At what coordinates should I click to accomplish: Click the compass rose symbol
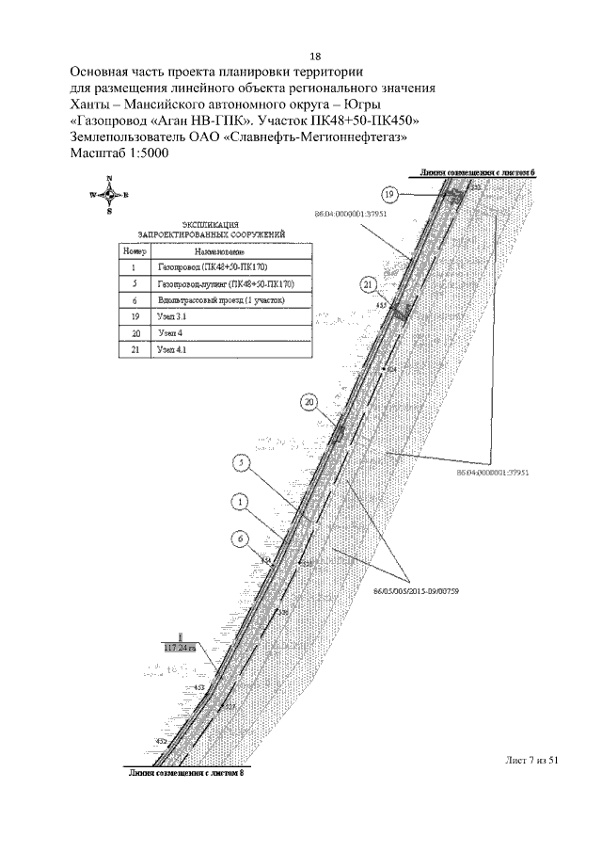point(109,195)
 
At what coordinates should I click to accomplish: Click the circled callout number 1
point(242,503)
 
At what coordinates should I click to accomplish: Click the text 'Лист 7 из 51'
point(531,761)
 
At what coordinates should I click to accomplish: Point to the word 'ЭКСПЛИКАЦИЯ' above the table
point(211,224)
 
